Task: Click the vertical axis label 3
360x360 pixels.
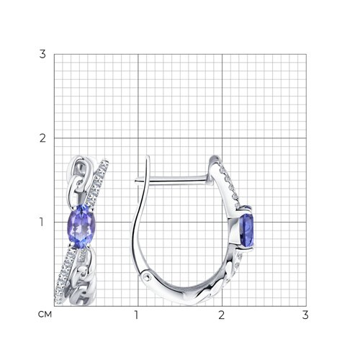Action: coord(42,54)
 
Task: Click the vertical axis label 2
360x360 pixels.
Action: coord(42,138)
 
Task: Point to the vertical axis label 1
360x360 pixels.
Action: coord(42,222)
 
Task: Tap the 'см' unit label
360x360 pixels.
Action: coord(45,315)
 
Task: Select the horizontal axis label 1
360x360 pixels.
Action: coord(136,315)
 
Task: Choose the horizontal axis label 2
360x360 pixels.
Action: coord(222,315)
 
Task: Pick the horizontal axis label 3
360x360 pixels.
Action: coord(305,315)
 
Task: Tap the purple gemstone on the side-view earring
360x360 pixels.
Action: coord(247,231)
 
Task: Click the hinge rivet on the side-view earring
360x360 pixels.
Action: coord(147,277)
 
